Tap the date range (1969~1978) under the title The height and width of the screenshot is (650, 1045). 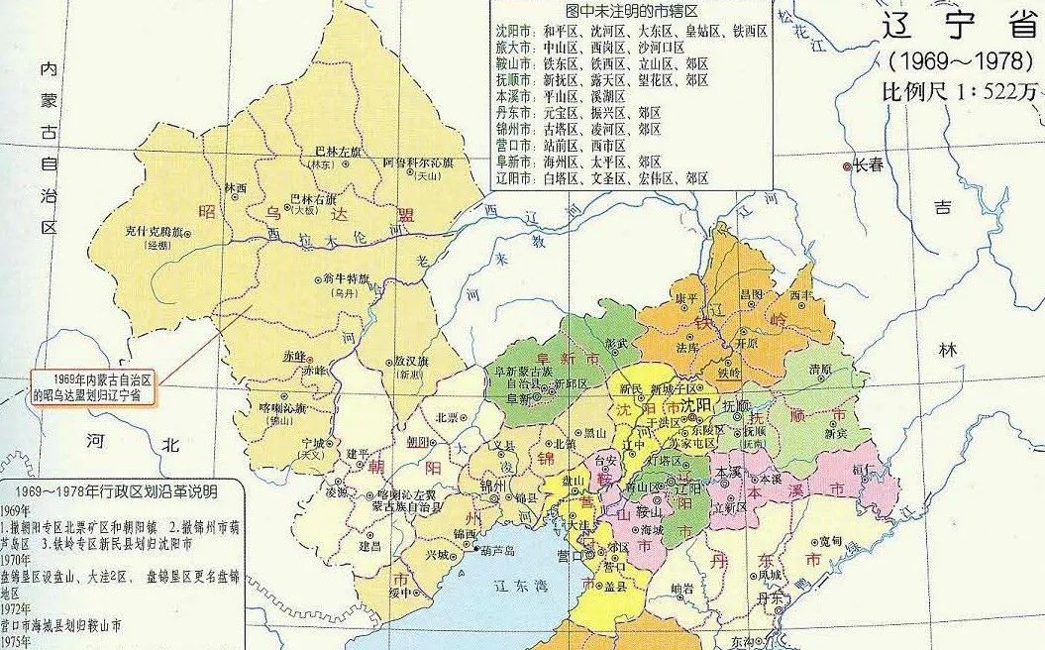pyautogui.click(x=955, y=59)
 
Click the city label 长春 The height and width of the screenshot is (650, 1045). pyautogui.click(x=869, y=166)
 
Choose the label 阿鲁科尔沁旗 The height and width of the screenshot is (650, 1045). pyautogui.click(x=418, y=162)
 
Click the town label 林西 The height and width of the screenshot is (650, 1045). pyautogui.click(x=236, y=187)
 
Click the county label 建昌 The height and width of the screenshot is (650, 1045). pyautogui.click(x=370, y=546)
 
